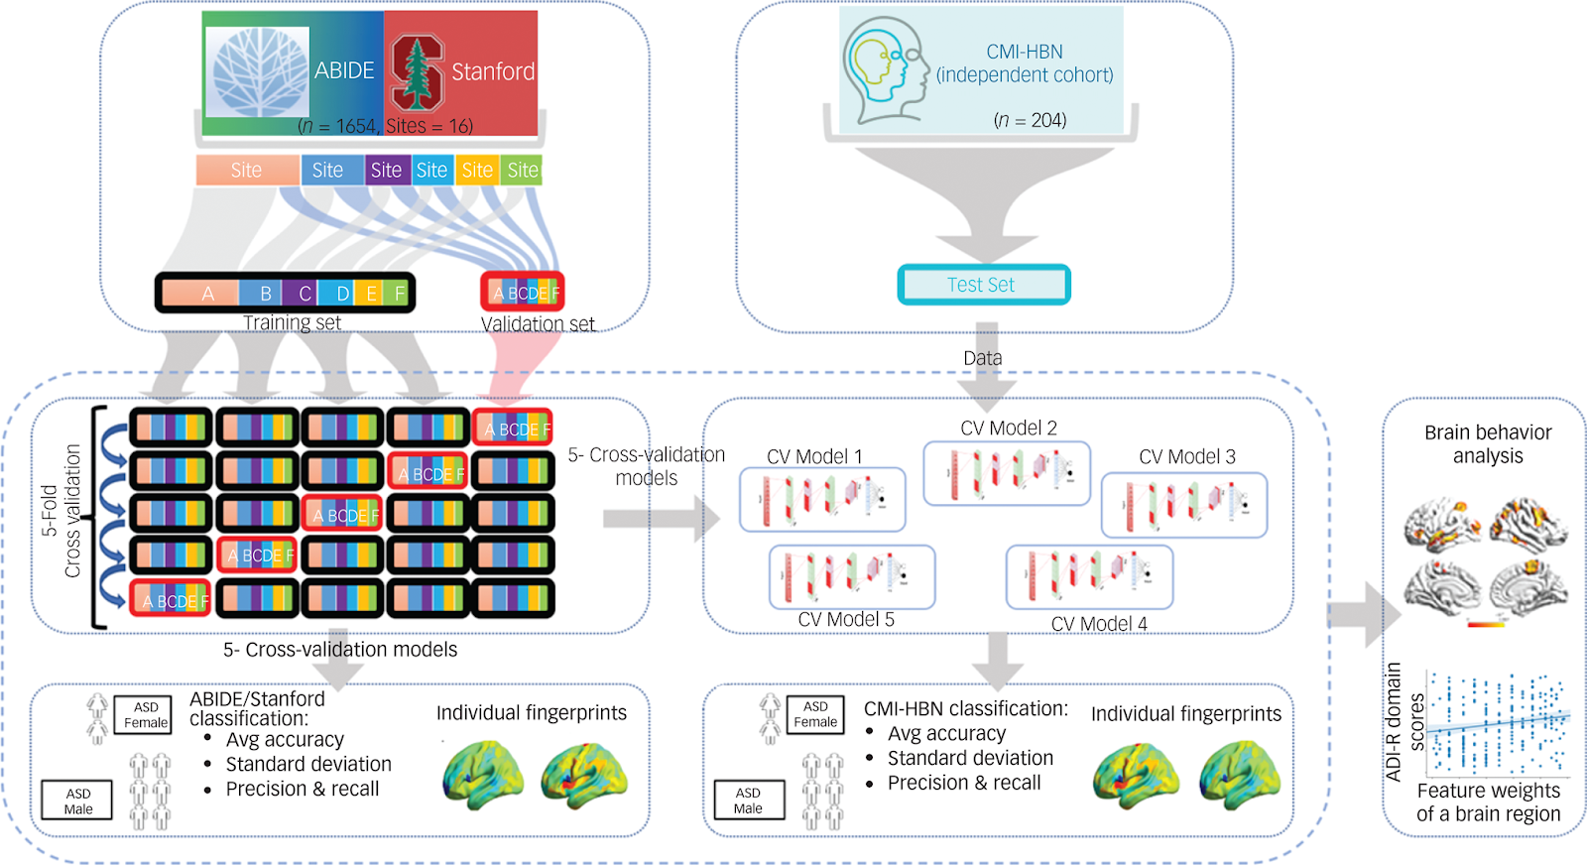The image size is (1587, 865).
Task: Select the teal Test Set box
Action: (x=983, y=285)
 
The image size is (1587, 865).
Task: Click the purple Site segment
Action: (x=386, y=171)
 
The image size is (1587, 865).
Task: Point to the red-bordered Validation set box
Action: (x=523, y=293)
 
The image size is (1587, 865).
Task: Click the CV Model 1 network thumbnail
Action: (x=822, y=499)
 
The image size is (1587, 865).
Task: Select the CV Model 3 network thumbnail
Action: (x=1184, y=505)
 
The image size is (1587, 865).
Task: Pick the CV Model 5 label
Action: (x=846, y=620)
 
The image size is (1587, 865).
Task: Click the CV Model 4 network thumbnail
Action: (x=1089, y=576)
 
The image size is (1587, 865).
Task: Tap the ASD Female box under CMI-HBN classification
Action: (x=815, y=714)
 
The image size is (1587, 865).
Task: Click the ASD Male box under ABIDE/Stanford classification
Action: (x=77, y=801)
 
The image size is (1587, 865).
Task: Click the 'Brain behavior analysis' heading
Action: (x=1488, y=444)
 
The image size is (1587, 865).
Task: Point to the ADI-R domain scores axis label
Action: (x=1404, y=721)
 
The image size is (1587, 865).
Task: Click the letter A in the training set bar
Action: (x=208, y=294)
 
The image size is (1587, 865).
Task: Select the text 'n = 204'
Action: (x=1030, y=120)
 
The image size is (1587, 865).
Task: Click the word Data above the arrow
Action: (x=983, y=358)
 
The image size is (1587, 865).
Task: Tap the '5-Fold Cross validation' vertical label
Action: (x=61, y=512)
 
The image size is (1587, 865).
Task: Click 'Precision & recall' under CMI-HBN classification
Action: (x=964, y=784)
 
